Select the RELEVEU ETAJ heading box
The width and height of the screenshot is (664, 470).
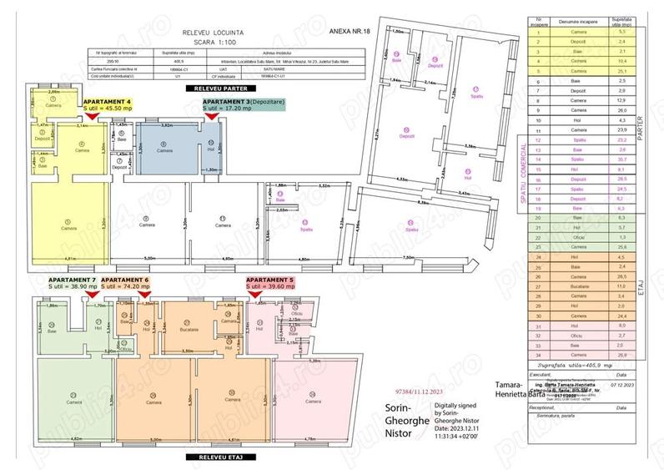[210, 457]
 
